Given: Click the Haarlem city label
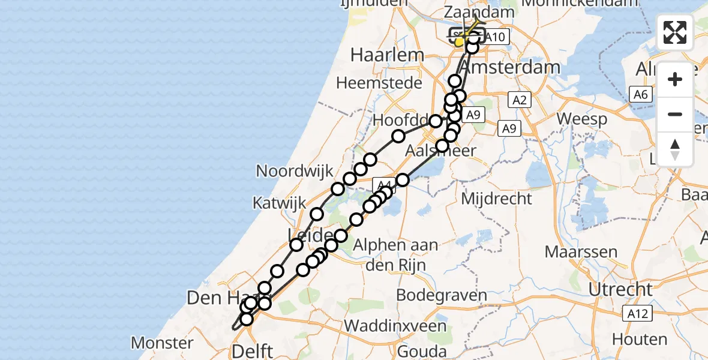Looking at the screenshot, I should click(x=386, y=55).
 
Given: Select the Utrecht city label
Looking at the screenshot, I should click(x=620, y=290).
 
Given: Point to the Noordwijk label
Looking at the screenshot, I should click(x=294, y=171).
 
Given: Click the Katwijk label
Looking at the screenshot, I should click(x=278, y=202).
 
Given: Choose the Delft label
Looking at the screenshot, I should click(x=254, y=351).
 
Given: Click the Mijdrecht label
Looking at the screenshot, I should click(x=497, y=198).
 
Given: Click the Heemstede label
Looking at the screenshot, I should click(x=379, y=83).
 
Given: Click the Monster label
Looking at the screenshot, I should click(x=162, y=343).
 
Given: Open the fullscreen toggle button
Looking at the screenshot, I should click(x=675, y=32).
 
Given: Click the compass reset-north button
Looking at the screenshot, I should click(x=675, y=149).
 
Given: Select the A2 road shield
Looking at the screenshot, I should click(x=520, y=100).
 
